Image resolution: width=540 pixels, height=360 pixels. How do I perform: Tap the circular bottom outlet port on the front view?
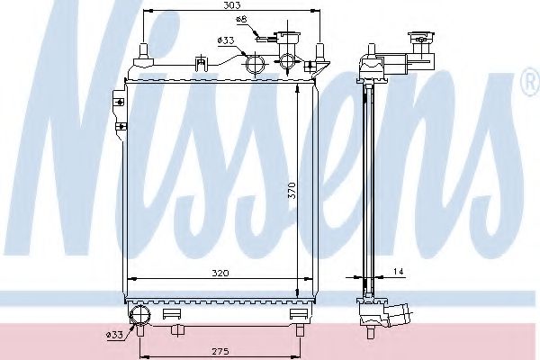click(140, 314)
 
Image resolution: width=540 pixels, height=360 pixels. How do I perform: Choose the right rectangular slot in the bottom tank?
click(299, 312)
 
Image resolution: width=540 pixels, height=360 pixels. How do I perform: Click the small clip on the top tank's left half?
click(197, 63)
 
